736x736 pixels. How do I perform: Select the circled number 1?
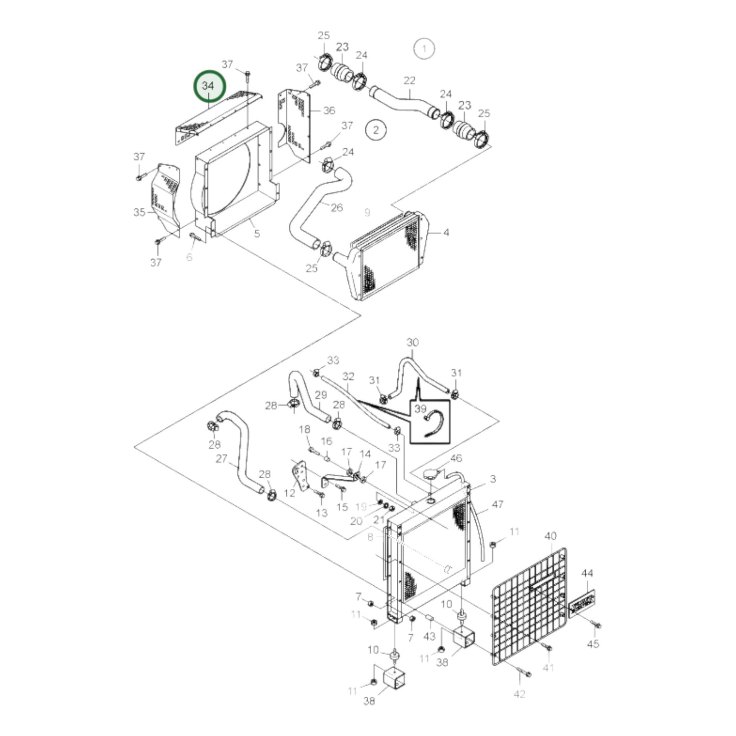(x=424, y=49)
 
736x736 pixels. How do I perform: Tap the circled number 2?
(x=376, y=129)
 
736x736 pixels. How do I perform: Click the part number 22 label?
(x=410, y=80)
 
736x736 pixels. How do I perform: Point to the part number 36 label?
(x=330, y=111)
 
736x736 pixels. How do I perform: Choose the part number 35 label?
(x=139, y=212)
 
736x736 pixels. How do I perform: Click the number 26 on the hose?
(x=337, y=207)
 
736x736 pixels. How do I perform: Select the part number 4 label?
(x=446, y=233)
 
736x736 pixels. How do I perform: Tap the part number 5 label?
(x=257, y=234)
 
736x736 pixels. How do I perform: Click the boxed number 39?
(x=420, y=408)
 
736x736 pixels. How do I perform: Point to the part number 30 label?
(x=413, y=342)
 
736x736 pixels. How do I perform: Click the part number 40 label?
(x=551, y=536)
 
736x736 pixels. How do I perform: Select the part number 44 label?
(x=587, y=574)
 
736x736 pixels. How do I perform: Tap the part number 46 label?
(x=456, y=458)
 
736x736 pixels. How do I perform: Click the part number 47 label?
(x=497, y=504)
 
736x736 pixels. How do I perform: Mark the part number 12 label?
(x=289, y=493)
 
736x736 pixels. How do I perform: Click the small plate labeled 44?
(x=581, y=604)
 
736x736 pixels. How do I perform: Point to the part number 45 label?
(x=593, y=644)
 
